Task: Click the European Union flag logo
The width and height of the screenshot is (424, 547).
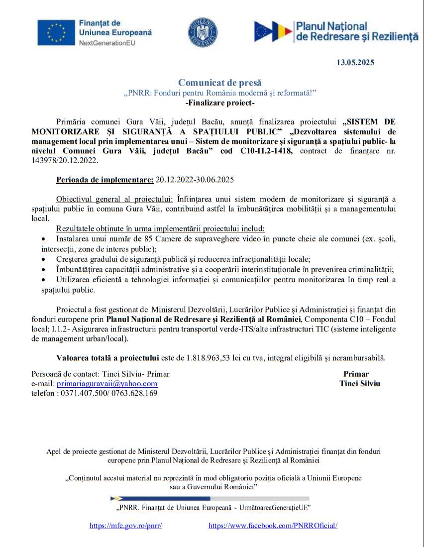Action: [x=56, y=33]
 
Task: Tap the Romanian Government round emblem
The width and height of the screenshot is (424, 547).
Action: [x=203, y=32]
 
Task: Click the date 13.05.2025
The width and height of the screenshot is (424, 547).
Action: [x=355, y=63]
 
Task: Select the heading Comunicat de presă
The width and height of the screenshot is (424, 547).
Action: [x=219, y=83]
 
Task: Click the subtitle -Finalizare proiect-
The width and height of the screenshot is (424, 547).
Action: [x=219, y=103]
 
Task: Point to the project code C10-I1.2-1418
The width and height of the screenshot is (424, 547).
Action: [x=267, y=151]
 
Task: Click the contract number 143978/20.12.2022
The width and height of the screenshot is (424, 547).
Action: [x=65, y=161]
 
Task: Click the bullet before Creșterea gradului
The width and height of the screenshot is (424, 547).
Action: [x=44, y=260]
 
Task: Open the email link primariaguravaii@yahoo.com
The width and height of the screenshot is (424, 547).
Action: [x=107, y=384]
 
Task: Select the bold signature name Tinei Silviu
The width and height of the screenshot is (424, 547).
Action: [x=359, y=384]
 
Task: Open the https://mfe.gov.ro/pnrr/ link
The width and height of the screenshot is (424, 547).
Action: [x=126, y=526]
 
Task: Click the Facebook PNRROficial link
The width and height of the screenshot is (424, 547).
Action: [x=273, y=526]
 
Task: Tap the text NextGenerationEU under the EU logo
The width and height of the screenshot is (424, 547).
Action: [x=107, y=43]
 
